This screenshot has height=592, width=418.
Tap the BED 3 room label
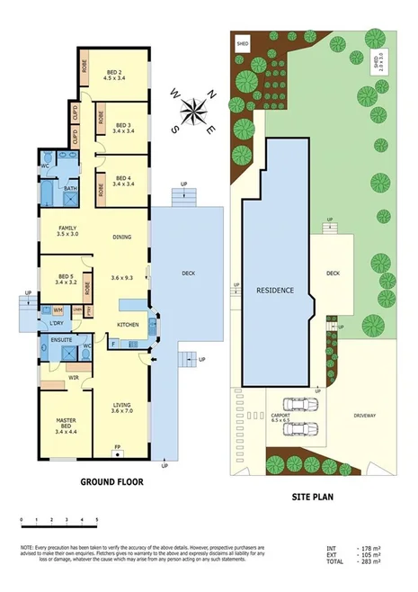click(x=122, y=126)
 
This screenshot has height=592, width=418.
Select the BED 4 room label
click(x=122, y=182)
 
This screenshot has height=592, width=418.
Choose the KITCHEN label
click(x=128, y=324)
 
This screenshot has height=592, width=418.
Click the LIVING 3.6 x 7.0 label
click(x=122, y=408)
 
